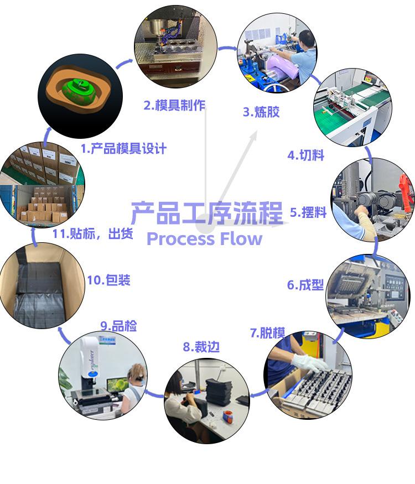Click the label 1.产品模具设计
click(x=123, y=148)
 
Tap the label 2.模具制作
click(x=174, y=105)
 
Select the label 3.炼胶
click(x=261, y=112)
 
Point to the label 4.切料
click(x=305, y=155)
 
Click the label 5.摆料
click(x=308, y=212)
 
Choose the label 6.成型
click(x=305, y=285)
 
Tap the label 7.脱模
click(x=267, y=332)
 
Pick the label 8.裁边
click(x=201, y=347)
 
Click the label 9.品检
click(x=118, y=326)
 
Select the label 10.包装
click(x=108, y=280)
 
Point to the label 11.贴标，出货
click(x=92, y=233)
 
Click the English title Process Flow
click(x=204, y=239)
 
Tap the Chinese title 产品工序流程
click(x=206, y=213)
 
